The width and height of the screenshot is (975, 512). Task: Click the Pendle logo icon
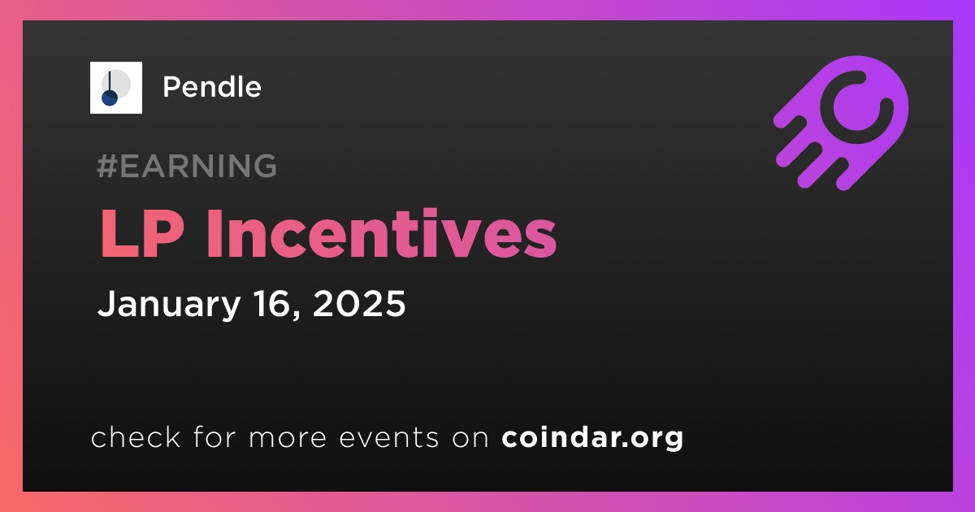coord(115,88)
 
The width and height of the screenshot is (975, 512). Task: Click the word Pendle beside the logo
coord(212,87)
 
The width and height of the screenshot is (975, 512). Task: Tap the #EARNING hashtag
coord(187,166)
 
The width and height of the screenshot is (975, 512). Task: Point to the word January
coord(169,304)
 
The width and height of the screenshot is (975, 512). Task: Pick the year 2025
coord(359,303)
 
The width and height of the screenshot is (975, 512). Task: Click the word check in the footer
coord(136,436)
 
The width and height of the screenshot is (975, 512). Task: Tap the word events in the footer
coord(389,437)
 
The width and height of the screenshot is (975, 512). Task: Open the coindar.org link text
coord(592,437)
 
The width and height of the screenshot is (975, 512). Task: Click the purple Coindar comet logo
coord(841,123)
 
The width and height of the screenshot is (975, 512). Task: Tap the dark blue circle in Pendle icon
coord(109,98)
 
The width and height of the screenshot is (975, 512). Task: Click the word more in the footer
coord(288,437)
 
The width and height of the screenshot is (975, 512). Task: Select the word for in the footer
coord(214,436)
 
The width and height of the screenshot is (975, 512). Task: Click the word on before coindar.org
coord(470,437)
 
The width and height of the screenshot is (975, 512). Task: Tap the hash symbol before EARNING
coord(107,166)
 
